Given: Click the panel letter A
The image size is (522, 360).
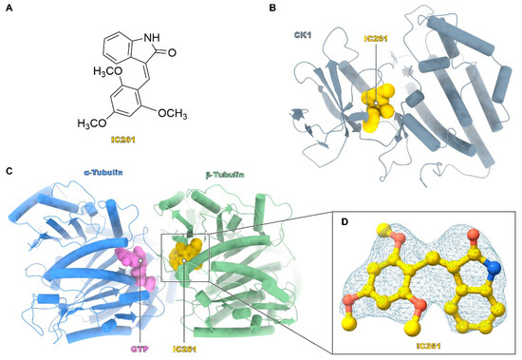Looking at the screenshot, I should (x=8, y=8).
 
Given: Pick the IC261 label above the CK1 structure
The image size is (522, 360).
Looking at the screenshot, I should (x=375, y=36).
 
